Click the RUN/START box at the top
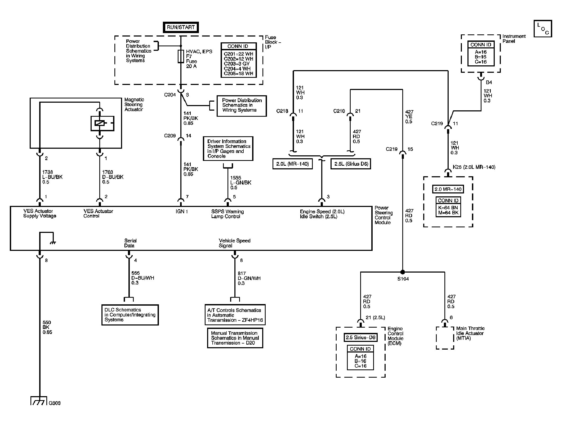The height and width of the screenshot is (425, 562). pyautogui.click(x=181, y=27)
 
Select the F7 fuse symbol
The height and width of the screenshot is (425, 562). pyautogui.click(x=181, y=56)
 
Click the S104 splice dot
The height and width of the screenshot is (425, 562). pyautogui.click(x=403, y=272)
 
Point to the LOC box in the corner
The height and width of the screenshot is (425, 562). pyautogui.click(x=543, y=29)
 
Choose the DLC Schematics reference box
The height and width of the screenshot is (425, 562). pyautogui.click(x=130, y=315)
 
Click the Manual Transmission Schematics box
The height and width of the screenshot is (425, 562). pyautogui.click(x=235, y=338)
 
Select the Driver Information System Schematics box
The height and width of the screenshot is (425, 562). pyautogui.click(x=228, y=148)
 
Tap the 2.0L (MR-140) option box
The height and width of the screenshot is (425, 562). pyautogui.click(x=292, y=164)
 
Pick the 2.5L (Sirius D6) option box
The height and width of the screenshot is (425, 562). pyautogui.click(x=351, y=164)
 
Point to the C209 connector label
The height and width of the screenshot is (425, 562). pyautogui.click(x=170, y=136)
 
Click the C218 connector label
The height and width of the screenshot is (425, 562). pyautogui.click(x=282, y=111)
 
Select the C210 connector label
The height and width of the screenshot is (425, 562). pyautogui.click(x=339, y=111)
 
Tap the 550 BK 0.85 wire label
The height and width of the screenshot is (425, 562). pyautogui.click(x=47, y=327)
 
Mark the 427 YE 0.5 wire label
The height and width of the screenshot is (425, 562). pyautogui.click(x=409, y=117)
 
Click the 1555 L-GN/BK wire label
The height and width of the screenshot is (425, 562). pyautogui.click(x=240, y=183)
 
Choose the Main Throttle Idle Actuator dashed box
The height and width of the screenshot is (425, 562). pyautogui.click(x=445, y=338)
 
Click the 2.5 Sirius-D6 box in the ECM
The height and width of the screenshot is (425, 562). pyautogui.click(x=360, y=337)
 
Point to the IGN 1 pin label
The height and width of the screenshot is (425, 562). pyautogui.click(x=182, y=211)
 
